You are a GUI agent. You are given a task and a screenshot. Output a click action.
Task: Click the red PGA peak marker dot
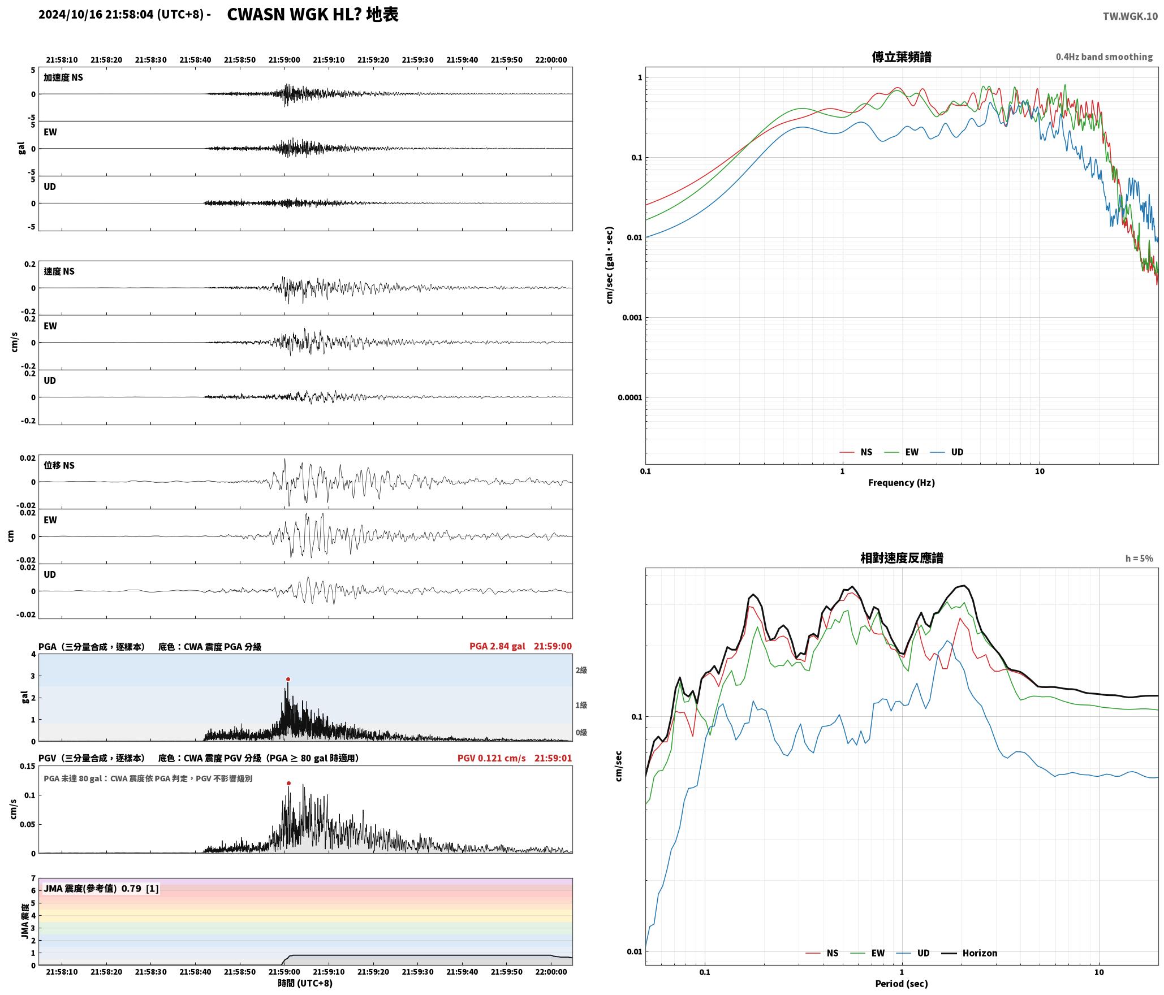288,680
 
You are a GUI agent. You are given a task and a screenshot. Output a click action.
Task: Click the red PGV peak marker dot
288,784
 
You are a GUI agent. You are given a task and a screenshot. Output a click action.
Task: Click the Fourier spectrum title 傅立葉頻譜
902,57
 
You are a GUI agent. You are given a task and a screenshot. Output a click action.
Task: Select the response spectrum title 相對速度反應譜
902,558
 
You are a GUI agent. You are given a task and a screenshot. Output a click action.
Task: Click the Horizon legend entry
969,953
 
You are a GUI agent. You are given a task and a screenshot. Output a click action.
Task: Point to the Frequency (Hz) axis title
902,483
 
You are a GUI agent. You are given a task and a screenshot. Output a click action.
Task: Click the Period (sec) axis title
902,984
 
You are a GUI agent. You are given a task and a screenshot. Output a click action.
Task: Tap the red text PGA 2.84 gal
497,646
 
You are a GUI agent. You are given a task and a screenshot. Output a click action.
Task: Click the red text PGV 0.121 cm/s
492,758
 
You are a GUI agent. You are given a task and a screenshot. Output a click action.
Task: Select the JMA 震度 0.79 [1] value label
101,889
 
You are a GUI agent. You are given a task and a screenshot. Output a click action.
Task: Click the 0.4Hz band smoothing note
1104,57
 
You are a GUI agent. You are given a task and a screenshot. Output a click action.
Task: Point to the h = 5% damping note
1139,559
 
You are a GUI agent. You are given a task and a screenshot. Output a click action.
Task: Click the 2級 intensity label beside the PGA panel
581,670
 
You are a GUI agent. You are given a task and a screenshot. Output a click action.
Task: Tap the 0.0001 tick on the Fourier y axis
630,397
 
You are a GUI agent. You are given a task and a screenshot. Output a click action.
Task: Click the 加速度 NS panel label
63,77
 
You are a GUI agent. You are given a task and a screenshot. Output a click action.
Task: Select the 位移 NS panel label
59,466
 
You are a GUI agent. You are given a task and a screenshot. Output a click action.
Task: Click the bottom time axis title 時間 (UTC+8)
305,984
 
